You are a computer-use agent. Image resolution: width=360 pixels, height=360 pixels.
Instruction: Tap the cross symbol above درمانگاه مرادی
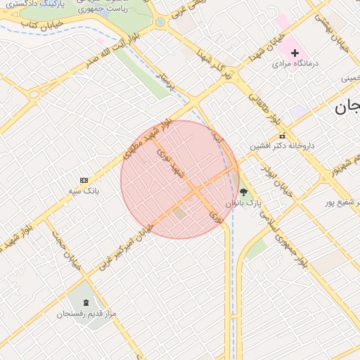[x=295, y=53]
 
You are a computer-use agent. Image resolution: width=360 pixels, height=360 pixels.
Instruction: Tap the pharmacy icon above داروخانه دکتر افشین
[x=283, y=136]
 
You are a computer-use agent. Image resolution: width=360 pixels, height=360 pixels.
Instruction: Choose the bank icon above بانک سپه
[x=84, y=181]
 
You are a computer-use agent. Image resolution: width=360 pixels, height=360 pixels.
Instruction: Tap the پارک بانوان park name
[x=243, y=202]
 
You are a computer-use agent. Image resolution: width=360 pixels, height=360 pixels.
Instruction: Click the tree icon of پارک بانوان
[x=243, y=192]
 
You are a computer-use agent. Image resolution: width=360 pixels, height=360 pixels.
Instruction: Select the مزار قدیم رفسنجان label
[x=85, y=314]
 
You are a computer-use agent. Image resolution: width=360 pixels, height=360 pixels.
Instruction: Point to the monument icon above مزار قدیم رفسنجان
[x=86, y=303]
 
